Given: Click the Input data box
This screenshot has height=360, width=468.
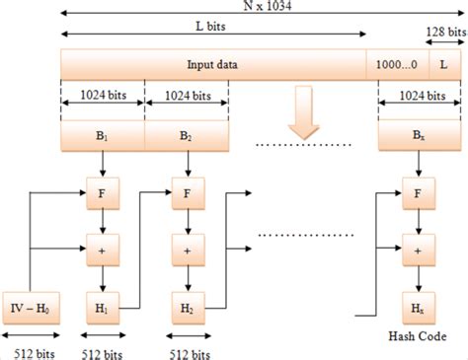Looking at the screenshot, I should pos(212,65).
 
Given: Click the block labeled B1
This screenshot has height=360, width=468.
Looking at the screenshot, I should pos(103,135).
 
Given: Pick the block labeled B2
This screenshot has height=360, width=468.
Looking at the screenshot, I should pos(186,135).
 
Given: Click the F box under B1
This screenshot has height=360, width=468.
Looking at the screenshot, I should pos(103,192).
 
